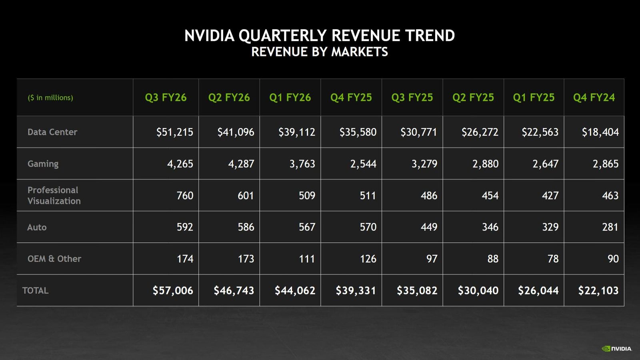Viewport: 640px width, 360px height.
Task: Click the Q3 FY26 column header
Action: pos(166,98)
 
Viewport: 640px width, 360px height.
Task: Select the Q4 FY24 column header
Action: pos(594,98)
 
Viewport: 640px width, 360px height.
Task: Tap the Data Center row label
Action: pos(52,132)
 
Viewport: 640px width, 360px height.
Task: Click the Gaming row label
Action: pos(43,164)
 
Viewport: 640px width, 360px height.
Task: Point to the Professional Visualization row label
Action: pos(54,195)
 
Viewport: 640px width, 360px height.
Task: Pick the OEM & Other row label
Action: pos(54,259)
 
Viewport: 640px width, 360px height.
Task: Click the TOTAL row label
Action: pos(35,290)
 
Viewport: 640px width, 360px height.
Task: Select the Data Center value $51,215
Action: pos(174,132)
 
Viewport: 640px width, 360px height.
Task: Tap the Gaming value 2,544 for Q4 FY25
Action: pos(363,164)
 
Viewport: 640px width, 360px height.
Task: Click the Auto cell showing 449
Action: pos(428,227)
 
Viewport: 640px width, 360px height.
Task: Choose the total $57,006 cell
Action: pos(172,290)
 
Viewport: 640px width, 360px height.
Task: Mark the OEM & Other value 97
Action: pos(432,259)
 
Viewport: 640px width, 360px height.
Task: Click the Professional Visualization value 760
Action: pos(184,195)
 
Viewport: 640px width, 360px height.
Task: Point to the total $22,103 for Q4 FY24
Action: pos(598,290)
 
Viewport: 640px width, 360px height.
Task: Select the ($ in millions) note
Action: pos(50,98)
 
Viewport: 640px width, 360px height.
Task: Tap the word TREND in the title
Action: pos(429,36)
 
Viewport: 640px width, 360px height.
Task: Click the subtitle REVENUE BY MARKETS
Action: pos(319,52)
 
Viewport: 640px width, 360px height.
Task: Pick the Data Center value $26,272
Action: pos(480,132)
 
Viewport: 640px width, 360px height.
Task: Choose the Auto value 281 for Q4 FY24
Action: pos(610,227)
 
